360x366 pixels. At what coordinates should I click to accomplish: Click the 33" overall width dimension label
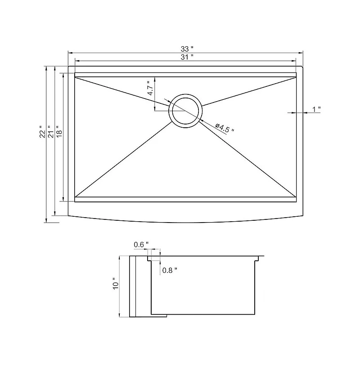point(185,48)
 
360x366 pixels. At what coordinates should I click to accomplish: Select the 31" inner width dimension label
point(185,57)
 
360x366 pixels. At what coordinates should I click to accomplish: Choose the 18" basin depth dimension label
point(59,131)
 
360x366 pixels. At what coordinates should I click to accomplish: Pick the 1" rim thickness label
point(316,109)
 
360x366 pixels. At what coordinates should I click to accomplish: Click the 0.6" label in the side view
point(140,245)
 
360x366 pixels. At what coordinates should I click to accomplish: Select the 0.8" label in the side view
point(170,270)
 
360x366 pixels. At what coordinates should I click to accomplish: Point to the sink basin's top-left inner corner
point(75,77)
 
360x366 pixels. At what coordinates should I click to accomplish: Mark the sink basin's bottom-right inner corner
point(296,196)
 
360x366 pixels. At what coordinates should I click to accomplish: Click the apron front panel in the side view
point(133,286)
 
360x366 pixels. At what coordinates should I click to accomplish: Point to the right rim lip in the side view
point(258,258)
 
